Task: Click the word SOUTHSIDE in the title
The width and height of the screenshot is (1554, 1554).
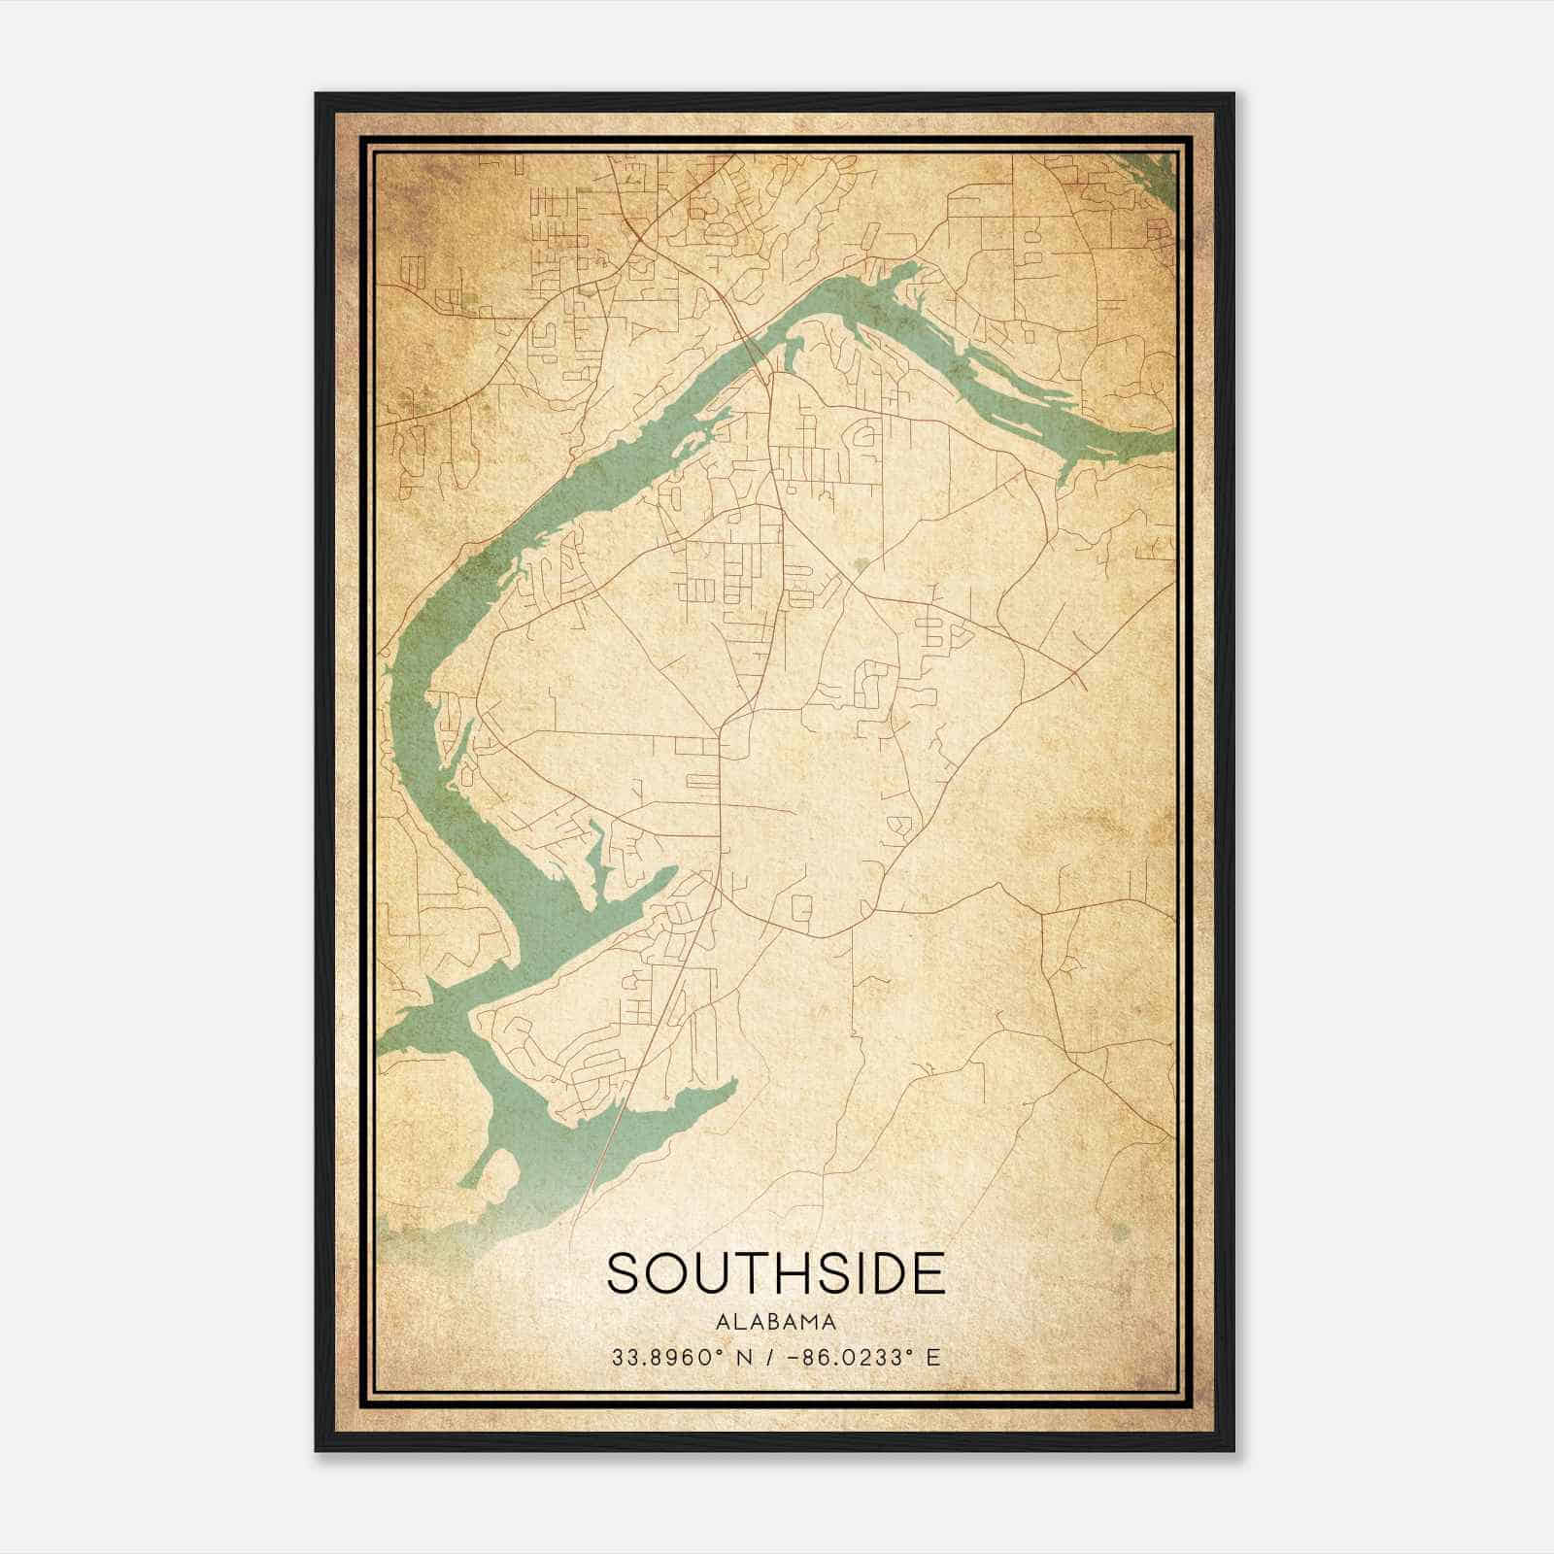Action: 775,1273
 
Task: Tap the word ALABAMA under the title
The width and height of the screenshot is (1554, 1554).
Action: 775,1322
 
